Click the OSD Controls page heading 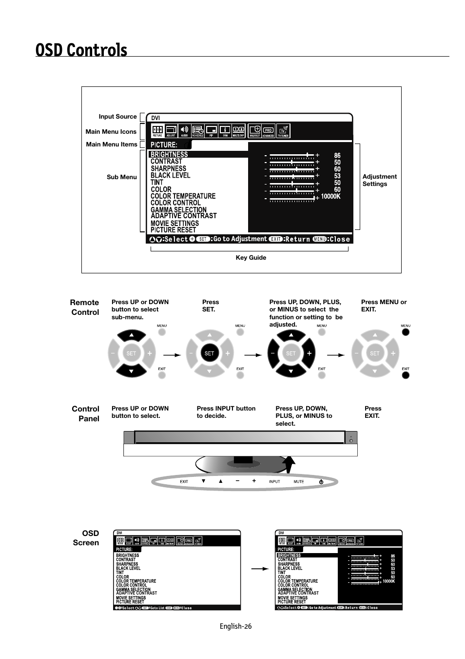pyautogui.click(x=81, y=50)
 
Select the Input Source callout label pyautogui.click(x=117, y=117)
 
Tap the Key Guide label pyautogui.click(x=251, y=258)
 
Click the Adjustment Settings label pyautogui.click(x=379, y=180)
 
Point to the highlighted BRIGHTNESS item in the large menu pyautogui.click(x=169, y=154)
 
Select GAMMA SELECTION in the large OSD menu pyautogui.click(x=178, y=209)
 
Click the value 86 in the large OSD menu pyautogui.click(x=337, y=155)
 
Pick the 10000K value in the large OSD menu pyautogui.click(x=330, y=196)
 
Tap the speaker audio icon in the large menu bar pyautogui.click(x=184, y=130)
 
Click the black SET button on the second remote pyautogui.click(x=209, y=353)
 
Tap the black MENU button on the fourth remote pyautogui.click(x=406, y=332)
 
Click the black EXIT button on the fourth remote pyautogui.click(x=406, y=375)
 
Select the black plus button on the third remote pyautogui.click(x=309, y=353)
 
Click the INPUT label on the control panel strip pyautogui.click(x=274, y=482)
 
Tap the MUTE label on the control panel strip pyautogui.click(x=299, y=482)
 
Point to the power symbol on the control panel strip pyautogui.click(x=321, y=482)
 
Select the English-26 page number pyautogui.click(x=235, y=626)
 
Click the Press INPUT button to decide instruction pyautogui.click(x=226, y=412)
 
